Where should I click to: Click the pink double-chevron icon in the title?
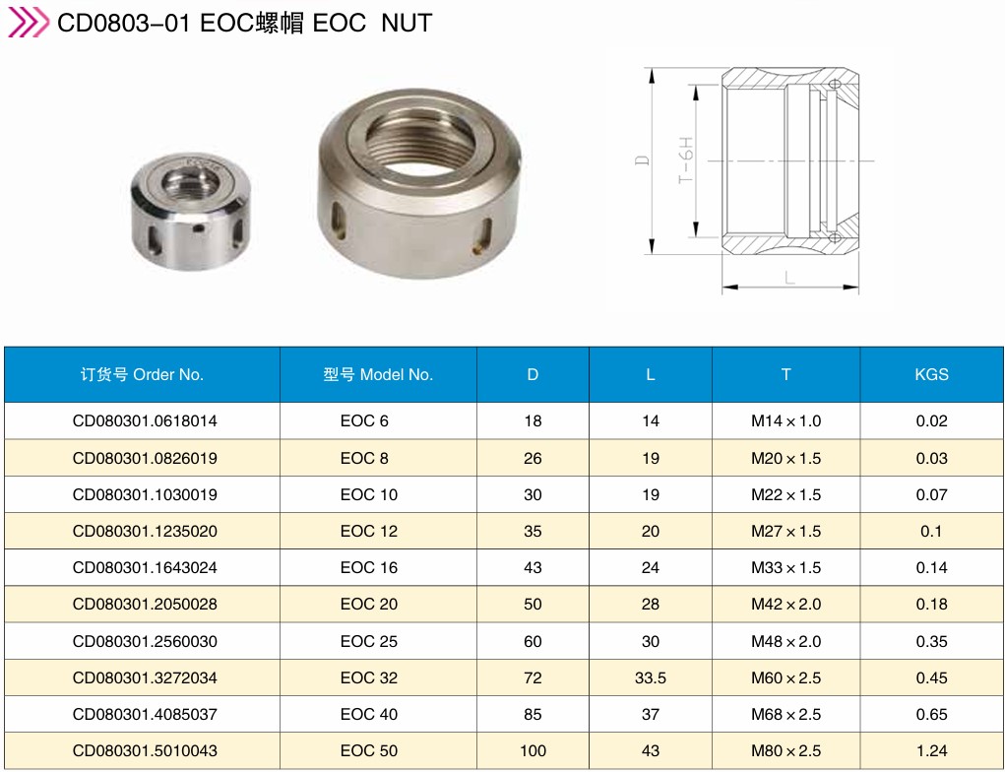[x=28, y=23]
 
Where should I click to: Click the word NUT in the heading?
[x=407, y=23]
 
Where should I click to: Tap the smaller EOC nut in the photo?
[x=190, y=211]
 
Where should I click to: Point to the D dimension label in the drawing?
[x=642, y=161]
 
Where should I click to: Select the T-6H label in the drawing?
[x=686, y=160]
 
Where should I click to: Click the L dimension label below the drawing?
[x=789, y=278]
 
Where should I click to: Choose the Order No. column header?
[x=142, y=374]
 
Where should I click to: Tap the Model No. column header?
[x=378, y=374]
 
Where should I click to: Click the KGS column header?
[x=931, y=374]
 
